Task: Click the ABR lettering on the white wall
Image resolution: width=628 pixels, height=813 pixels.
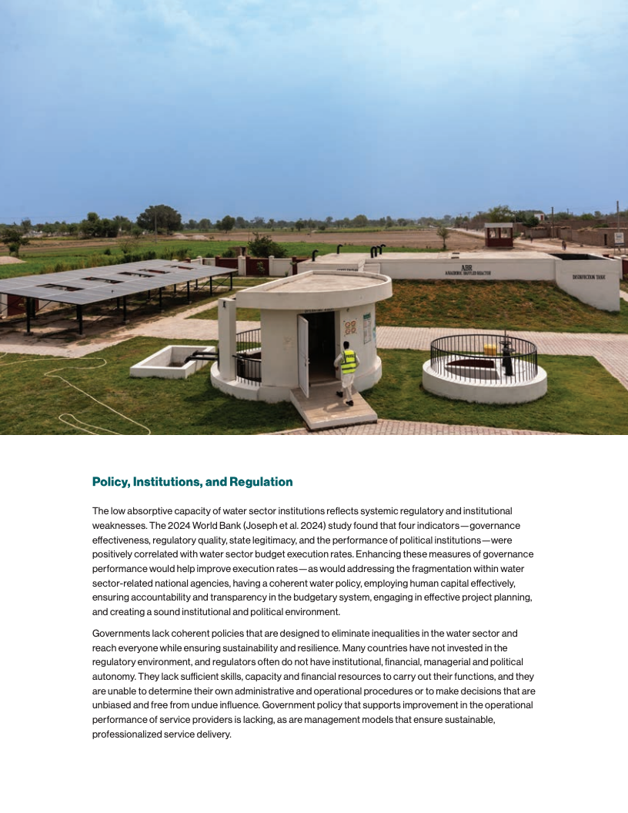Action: tap(466, 269)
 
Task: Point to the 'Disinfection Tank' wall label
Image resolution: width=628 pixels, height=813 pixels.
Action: tap(589, 277)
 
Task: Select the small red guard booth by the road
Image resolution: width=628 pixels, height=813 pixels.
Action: tap(499, 235)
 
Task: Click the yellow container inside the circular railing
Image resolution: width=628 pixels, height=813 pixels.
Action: tap(490, 349)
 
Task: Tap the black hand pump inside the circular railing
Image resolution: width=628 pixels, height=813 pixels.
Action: tap(506, 355)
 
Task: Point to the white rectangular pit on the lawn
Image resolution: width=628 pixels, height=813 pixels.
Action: tap(171, 361)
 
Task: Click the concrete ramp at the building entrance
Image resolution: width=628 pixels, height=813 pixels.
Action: tap(333, 407)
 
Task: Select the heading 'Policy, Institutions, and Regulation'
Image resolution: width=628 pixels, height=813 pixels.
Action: tap(192, 482)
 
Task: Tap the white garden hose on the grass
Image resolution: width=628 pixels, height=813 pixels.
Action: tap(85, 385)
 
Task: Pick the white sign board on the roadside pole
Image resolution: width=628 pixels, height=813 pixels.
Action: tap(618, 238)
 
